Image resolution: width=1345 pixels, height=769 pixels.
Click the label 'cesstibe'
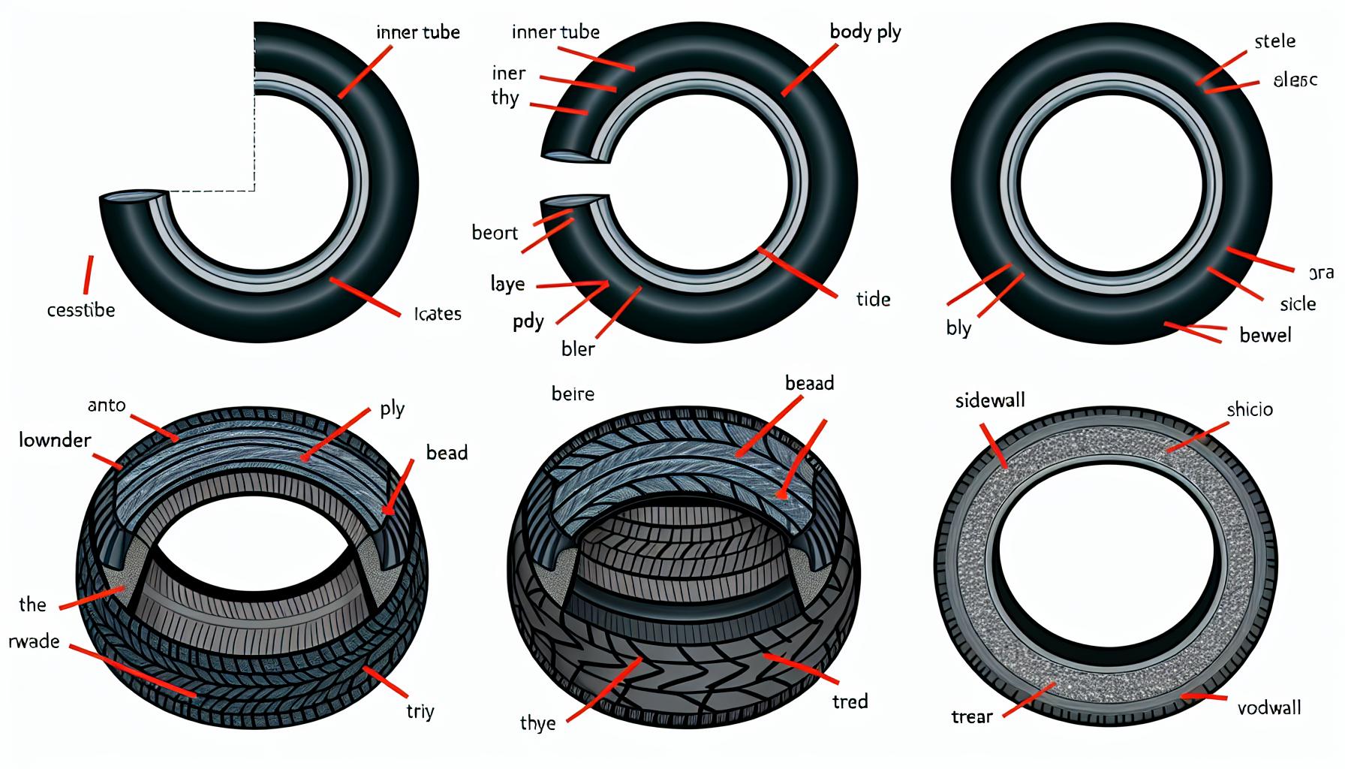81,310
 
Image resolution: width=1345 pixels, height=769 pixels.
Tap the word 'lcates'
438,314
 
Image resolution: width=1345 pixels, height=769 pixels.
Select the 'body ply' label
865,32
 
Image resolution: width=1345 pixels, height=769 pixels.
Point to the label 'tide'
873,300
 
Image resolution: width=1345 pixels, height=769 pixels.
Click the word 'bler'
578,349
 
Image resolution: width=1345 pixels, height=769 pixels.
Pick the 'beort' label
495,233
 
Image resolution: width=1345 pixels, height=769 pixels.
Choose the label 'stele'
1274,41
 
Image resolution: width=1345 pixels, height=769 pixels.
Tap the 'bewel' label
1265,336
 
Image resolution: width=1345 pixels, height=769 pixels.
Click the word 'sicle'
1298,304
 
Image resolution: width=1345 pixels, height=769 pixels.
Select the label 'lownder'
55,440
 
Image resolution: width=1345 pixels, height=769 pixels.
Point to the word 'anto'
107,406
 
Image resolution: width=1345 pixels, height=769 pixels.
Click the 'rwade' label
34,641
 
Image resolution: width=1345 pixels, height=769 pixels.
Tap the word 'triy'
420,711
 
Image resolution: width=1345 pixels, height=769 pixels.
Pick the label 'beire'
573,394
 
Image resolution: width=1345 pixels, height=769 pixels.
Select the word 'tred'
850,702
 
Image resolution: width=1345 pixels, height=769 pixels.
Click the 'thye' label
537,723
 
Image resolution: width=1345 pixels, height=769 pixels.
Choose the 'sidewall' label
990,401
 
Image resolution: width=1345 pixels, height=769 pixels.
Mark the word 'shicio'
1250,410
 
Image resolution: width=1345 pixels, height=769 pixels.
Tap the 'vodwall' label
1269,707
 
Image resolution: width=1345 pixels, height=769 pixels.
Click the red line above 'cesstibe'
89,275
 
